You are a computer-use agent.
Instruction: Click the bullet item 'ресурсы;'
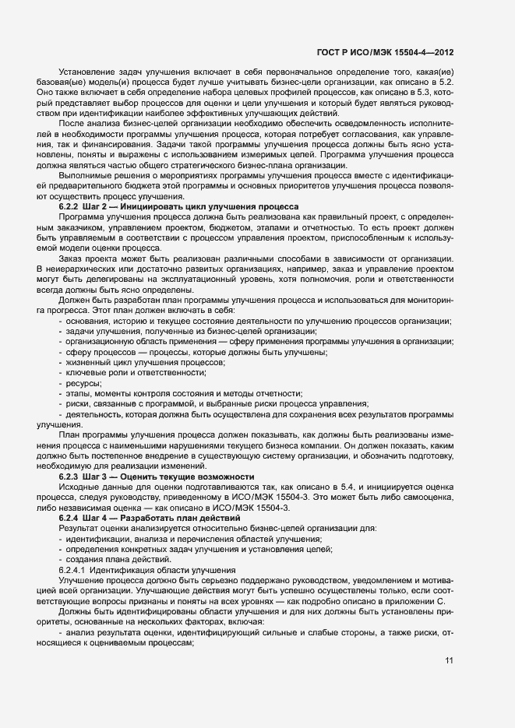pyautogui.click(x=83, y=383)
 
